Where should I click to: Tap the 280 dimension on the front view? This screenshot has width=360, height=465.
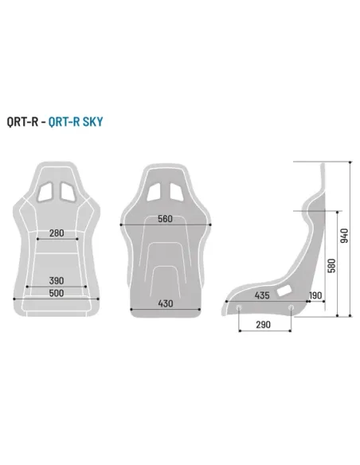click(x=57, y=232)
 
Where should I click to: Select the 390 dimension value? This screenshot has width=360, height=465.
click(x=57, y=281)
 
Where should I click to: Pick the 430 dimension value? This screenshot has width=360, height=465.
click(x=166, y=303)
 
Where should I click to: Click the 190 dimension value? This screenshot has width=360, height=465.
click(x=315, y=295)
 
